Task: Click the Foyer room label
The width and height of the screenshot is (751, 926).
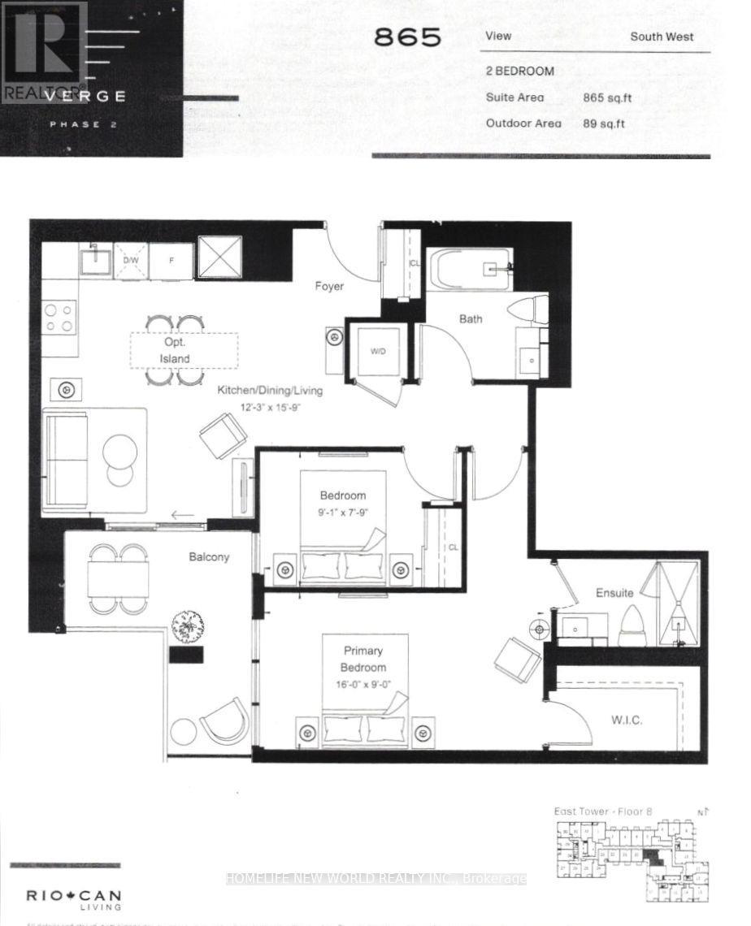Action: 329,286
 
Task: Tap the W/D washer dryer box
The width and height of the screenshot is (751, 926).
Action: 378,352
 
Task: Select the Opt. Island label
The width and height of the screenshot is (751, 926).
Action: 175,351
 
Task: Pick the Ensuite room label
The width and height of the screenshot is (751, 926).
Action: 614,593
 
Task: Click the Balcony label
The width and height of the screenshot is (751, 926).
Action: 209,557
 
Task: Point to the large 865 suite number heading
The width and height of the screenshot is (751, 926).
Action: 407,37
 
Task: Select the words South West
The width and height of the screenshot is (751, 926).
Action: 662,37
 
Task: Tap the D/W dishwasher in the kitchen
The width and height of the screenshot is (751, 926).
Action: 130,260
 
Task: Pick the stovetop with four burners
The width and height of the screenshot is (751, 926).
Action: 59,317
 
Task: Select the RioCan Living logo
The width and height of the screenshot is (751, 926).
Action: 75,899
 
